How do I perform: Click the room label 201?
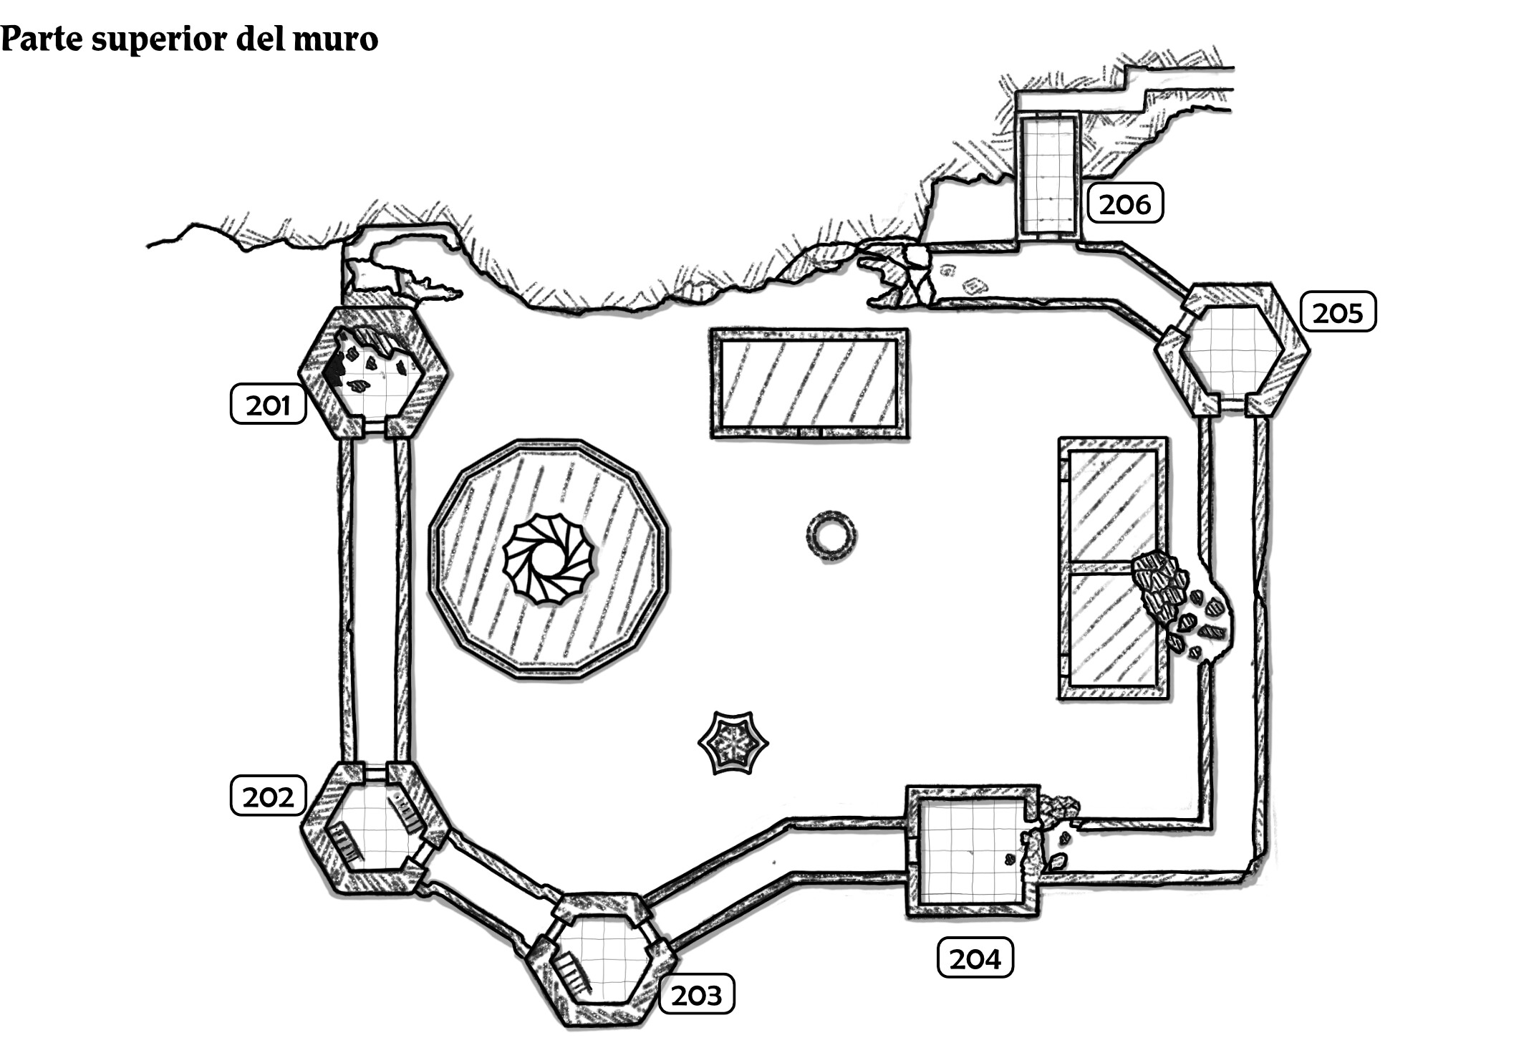268,405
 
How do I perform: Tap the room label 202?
268,796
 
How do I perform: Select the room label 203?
696,994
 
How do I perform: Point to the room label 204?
975,958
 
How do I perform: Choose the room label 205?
1338,312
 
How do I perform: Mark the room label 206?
1124,203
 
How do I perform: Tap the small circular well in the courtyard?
831,535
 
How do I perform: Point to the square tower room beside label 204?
972,850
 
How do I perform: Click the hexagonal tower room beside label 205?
1231,351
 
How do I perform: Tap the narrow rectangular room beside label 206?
1048,176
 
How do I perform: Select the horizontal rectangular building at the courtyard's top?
809,383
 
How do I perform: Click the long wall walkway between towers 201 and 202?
374,602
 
